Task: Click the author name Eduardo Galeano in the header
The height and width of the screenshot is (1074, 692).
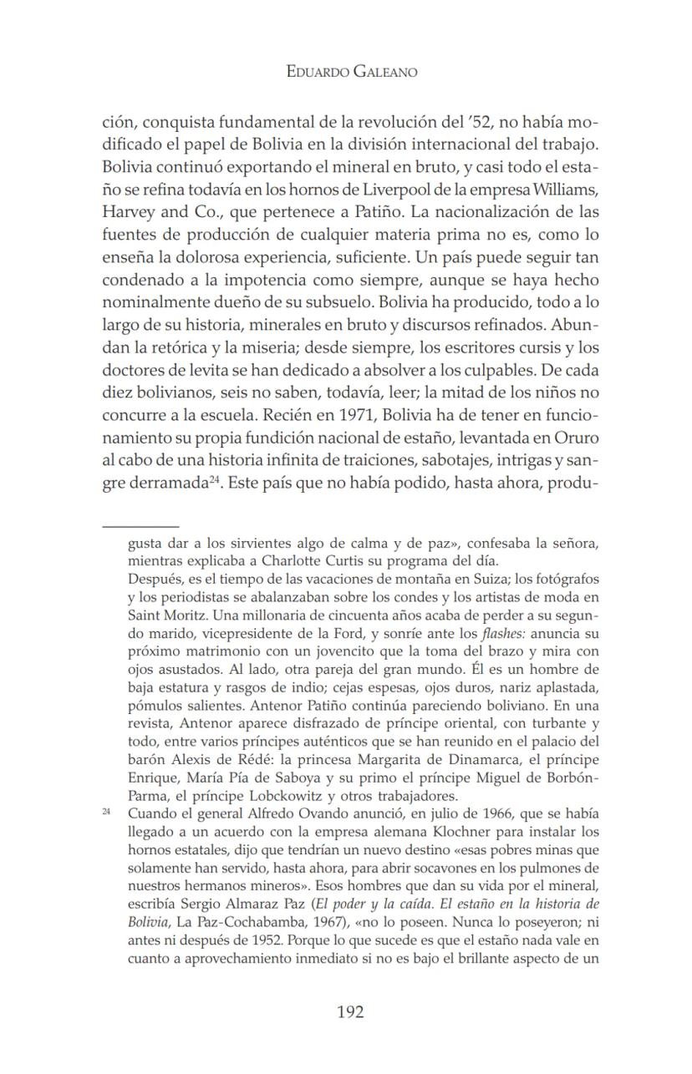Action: tap(351, 72)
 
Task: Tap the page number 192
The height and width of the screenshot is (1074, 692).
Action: tap(350, 1012)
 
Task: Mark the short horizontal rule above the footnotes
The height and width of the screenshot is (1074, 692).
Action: tap(140, 527)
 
